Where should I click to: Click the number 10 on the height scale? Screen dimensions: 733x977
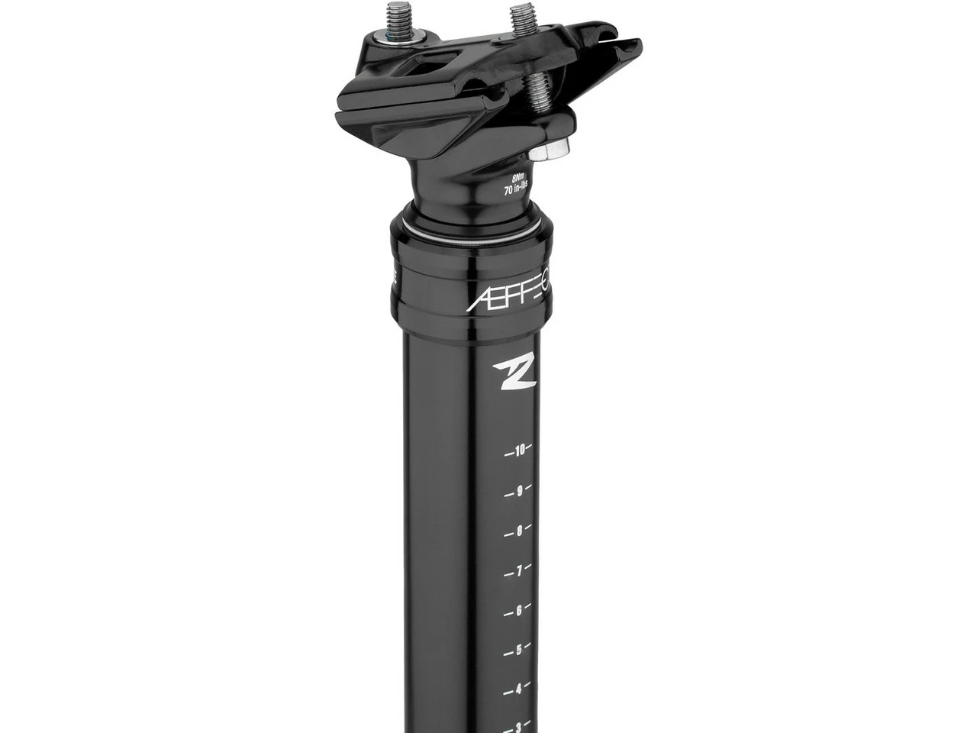click(x=520, y=450)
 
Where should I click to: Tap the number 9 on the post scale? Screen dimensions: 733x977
click(x=520, y=491)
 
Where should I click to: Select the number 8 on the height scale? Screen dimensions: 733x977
click(x=520, y=531)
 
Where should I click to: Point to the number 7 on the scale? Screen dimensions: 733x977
click(x=520, y=570)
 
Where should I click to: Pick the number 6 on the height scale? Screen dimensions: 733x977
click(x=520, y=610)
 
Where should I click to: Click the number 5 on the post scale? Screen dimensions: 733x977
click(x=520, y=650)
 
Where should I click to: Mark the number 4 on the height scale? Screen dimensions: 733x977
click(x=520, y=689)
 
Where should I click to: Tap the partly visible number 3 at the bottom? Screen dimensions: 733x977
click(x=520, y=726)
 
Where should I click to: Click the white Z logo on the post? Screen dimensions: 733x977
click(x=508, y=372)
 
